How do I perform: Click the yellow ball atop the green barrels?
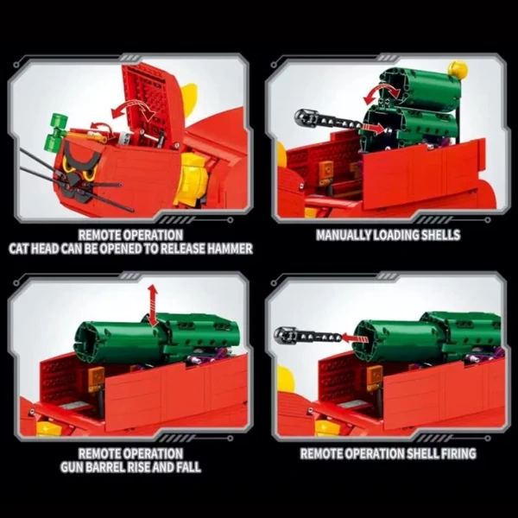(458, 69)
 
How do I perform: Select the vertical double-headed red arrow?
(152, 304)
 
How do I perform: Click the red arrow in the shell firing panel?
(355, 338)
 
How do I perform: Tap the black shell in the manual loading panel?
(327, 120)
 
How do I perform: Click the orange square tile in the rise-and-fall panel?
(96, 376)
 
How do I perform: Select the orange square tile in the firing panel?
(375, 375)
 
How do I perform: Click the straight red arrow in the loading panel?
(373, 129)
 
